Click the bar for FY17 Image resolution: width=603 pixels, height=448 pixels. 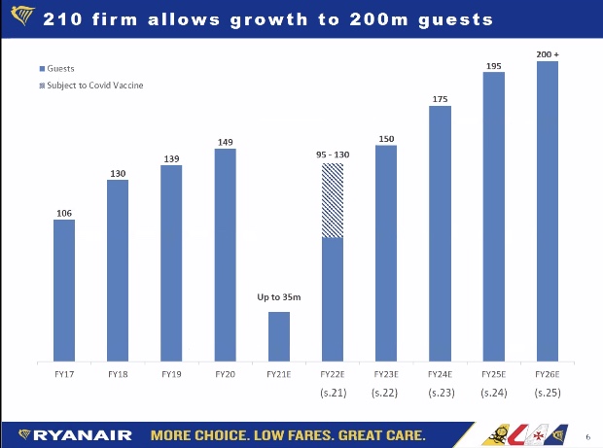(64, 290)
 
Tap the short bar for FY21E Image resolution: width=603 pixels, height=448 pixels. (279, 334)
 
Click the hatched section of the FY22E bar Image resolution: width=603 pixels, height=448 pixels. (333, 200)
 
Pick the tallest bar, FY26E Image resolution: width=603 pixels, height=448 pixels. (547, 210)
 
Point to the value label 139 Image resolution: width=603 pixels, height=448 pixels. (171, 158)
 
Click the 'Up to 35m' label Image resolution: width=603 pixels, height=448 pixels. (279, 297)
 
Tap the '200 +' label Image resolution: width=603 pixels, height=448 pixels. (547, 53)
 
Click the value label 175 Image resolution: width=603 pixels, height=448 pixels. (440, 98)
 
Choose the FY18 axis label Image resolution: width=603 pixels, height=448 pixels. (118, 373)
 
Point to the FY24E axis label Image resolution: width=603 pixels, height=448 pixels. (441, 373)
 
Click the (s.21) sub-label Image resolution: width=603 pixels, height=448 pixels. (333, 393)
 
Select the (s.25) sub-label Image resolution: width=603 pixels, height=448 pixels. (547, 393)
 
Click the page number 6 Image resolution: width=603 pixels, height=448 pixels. (587, 435)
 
